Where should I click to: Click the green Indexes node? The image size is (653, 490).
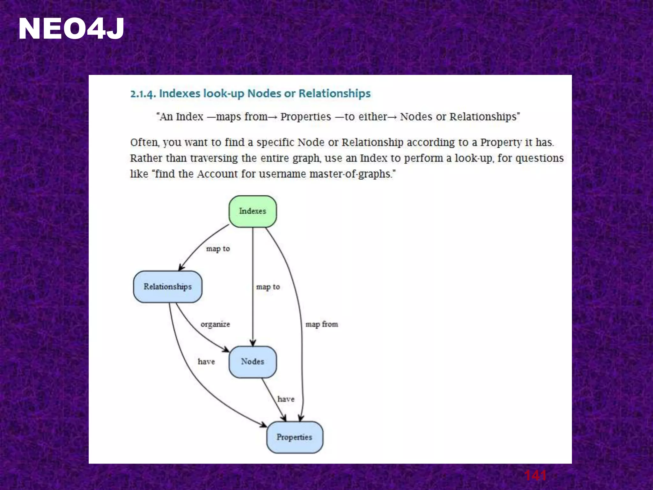[x=253, y=212]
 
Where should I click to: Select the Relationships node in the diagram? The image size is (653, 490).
[x=168, y=287]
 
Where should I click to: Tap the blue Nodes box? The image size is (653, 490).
[x=253, y=362]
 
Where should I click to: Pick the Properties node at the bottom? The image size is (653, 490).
[x=294, y=437]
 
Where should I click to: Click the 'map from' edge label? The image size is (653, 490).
[x=322, y=324]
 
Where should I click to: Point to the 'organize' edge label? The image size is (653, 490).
[x=215, y=324]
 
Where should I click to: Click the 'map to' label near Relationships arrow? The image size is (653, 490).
[x=218, y=249]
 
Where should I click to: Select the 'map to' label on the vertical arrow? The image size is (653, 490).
[x=268, y=287]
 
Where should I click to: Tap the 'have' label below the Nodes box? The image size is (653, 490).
[x=286, y=399]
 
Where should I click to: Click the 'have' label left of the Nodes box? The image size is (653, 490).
[x=206, y=362]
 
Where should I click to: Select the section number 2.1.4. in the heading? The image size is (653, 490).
[x=143, y=94]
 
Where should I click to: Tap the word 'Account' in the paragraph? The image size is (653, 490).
[x=217, y=174]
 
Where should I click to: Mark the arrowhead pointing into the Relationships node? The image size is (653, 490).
[x=181, y=267]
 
